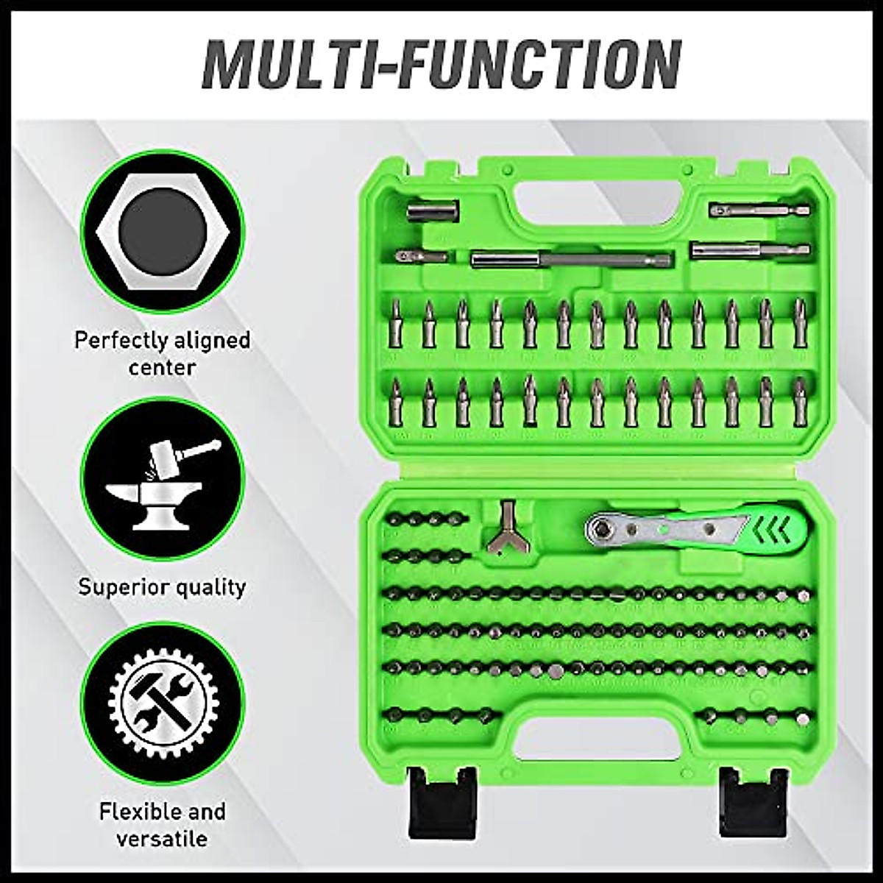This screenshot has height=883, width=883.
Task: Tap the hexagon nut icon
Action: click(x=162, y=232)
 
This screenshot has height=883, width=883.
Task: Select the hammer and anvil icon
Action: click(x=162, y=478)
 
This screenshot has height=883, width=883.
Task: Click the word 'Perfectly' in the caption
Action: click(x=120, y=341)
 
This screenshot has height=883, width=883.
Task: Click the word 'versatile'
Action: click(x=163, y=838)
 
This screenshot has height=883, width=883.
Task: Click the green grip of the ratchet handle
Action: click(x=773, y=526)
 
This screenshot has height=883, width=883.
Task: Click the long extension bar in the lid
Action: click(x=570, y=259)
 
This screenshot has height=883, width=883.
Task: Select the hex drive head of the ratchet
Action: click(x=601, y=527)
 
